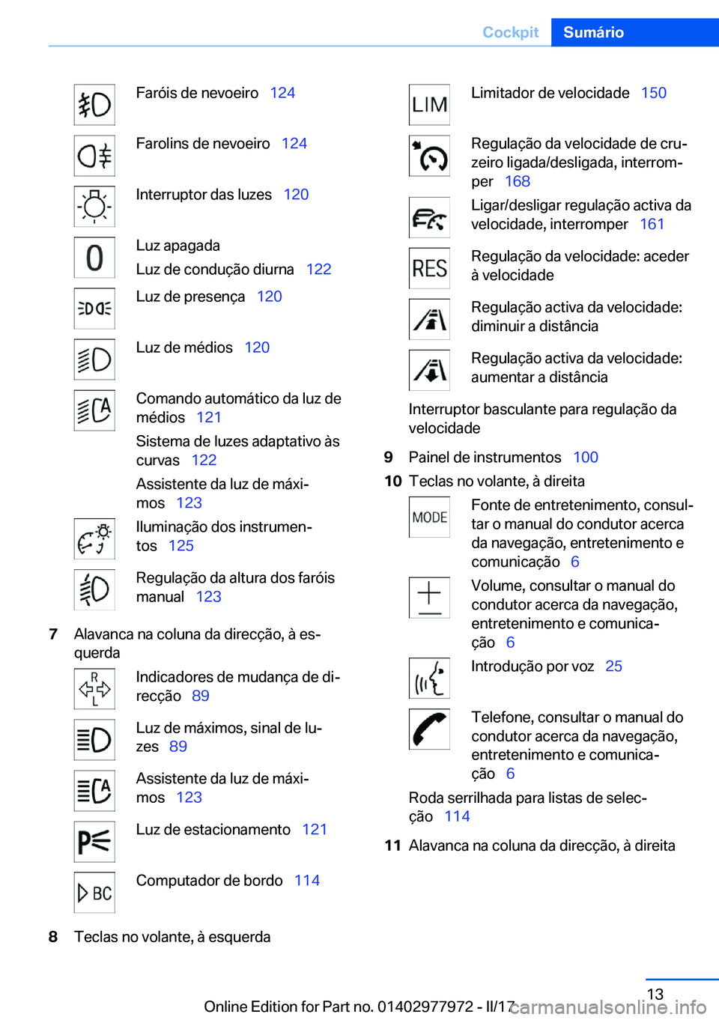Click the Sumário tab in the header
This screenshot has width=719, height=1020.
(593, 32)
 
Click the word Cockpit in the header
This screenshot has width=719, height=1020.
(510, 32)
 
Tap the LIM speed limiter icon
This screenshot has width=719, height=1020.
(429, 105)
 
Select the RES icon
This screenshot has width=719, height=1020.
(429, 268)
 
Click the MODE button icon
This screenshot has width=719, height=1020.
(429, 517)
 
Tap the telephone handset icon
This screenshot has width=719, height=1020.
(429, 729)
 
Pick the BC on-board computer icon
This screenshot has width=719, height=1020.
(94, 893)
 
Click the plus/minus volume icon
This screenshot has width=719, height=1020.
(429, 598)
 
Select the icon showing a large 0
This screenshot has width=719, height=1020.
(94, 258)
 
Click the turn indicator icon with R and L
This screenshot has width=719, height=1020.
(94, 689)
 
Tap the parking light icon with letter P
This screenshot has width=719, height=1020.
(94, 842)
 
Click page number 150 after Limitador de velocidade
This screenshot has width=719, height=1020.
(653, 93)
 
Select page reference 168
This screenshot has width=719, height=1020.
(517, 181)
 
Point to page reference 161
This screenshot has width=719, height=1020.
(652, 224)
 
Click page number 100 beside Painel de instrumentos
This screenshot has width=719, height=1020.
(585, 457)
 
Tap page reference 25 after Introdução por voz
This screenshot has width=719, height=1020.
(613, 666)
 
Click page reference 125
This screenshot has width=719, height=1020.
(180, 545)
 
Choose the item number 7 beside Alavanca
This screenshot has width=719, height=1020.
(53, 634)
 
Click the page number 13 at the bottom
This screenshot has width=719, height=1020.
(655, 994)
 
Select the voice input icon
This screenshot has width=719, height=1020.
(429, 679)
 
